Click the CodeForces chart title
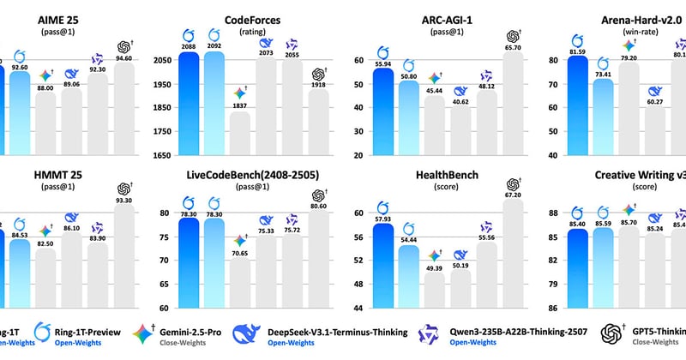pyautogui.click(x=232, y=18)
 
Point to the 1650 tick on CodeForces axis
pyautogui.click(x=162, y=156)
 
